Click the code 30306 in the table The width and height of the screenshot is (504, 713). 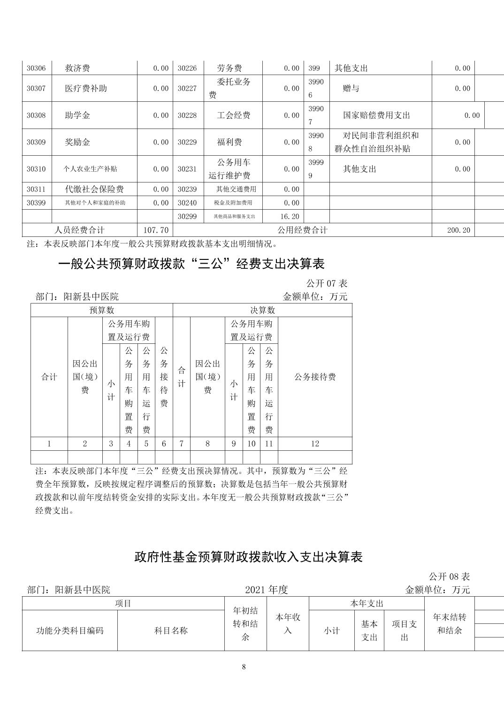pyautogui.click(x=36, y=68)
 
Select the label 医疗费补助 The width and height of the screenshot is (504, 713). pyautogui.click(x=86, y=88)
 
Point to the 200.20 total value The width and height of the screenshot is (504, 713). pyautogui.click(x=459, y=230)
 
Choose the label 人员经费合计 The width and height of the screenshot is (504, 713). pyautogui.click(x=79, y=230)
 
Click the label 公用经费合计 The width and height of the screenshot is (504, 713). pyautogui.click(x=302, y=230)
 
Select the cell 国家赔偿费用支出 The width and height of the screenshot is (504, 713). pyautogui.click(x=376, y=115)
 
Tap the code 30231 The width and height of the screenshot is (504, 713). pyautogui.click(x=187, y=169)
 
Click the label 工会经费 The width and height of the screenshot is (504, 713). pyautogui.click(x=234, y=115)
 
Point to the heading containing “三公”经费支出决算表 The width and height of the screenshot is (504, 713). pyautogui.click(x=191, y=264)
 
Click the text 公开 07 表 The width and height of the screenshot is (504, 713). pyautogui.click(x=327, y=283)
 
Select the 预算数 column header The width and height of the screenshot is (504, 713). pyautogui.click(x=102, y=310)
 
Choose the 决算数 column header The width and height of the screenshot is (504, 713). pyautogui.click(x=262, y=310)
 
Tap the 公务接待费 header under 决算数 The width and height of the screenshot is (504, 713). pyautogui.click(x=315, y=377)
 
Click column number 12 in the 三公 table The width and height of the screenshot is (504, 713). pyautogui.click(x=315, y=443)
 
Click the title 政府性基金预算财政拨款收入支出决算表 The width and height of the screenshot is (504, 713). pyautogui.click(x=248, y=557)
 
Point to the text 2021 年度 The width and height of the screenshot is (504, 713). pyautogui.click(x=266, y=590)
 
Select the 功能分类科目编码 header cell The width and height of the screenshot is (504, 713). pyautogui.click(x=70, y=630)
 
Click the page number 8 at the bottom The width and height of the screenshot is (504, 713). pyautogui.click(x=244, y=667)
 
